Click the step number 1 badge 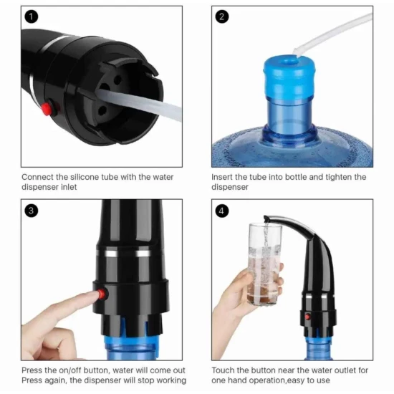coord(31,17)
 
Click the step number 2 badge coord(222,17)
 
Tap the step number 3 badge coord(31,211)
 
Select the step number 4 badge coord(222,211)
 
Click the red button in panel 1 coord(47,109)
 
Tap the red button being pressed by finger coord(102,294)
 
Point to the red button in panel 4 coord(307,317)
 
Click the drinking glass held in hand coord(265,264)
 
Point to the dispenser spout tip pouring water coord(266,220)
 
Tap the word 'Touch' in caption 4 coord(223,370)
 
